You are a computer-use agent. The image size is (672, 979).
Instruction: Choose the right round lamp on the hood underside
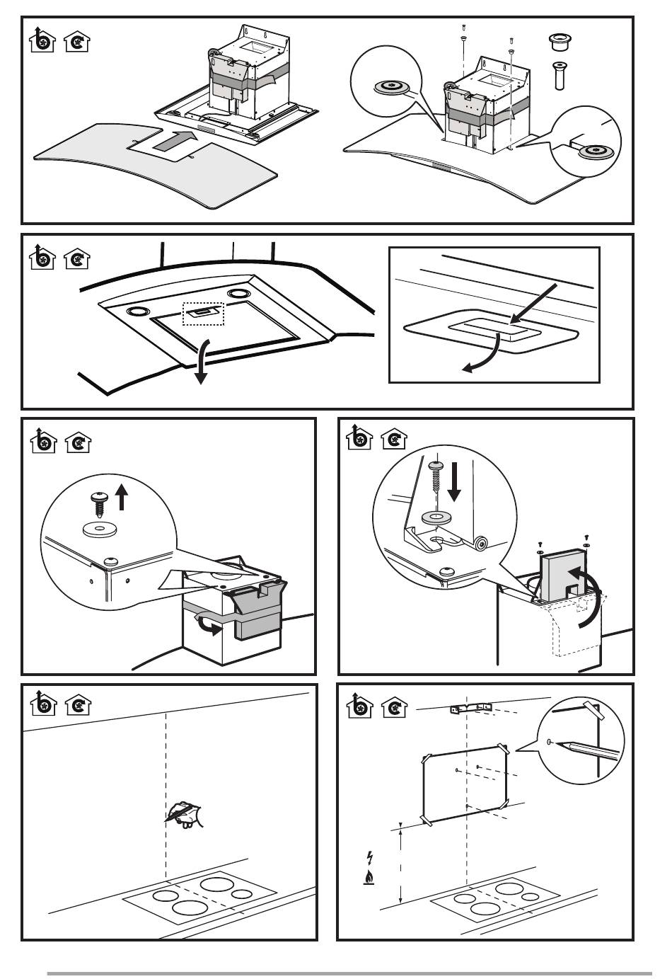click(x=238, y=293)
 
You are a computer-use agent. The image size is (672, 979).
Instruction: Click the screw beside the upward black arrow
click(x=98, y=506)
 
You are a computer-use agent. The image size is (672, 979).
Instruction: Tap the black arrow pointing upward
click(x=122, y=498)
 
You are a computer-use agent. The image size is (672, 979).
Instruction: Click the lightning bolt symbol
click(x=369, y=858)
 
